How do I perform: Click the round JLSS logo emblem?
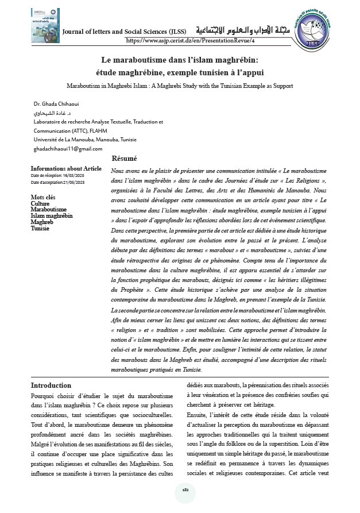[315, 27]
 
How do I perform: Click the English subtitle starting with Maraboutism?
[180, 86]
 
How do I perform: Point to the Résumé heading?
[124, 159]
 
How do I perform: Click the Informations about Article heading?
[66, 169]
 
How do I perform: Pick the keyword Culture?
[40, 203]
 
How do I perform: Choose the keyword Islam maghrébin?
[52, 216]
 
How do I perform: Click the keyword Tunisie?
[40, 228]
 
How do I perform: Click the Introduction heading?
[51, 385]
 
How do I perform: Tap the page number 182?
[185, 489]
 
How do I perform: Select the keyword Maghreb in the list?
[42, 222]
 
